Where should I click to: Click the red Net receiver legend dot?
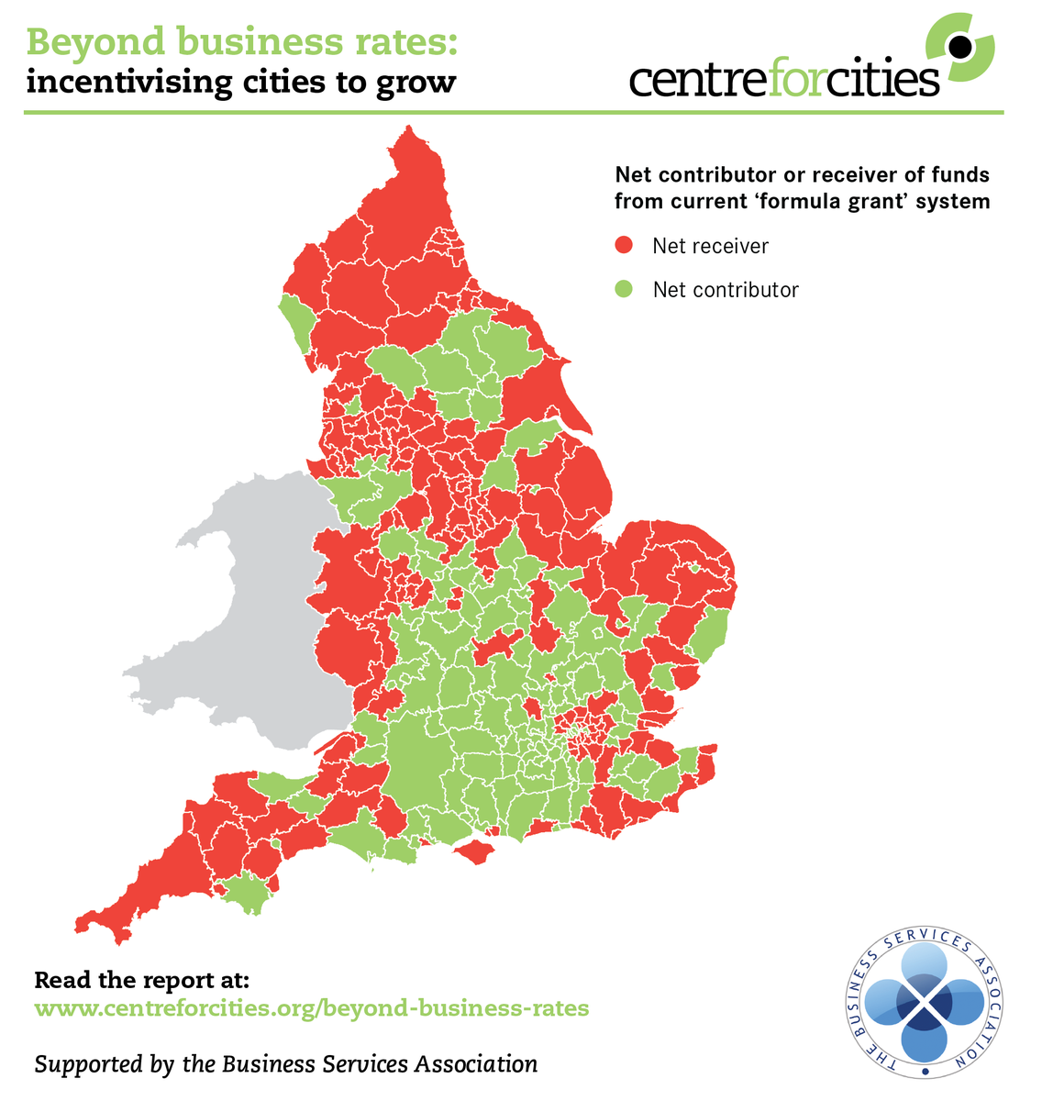click(x=625, y=246)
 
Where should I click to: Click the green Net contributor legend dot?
click(x=625, y=290)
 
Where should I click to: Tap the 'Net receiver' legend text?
click(x=710, y=246)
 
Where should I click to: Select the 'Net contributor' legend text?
click(x=726, y=290)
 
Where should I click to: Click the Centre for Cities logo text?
click(x=784, y=79)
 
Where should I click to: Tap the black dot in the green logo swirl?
click(x=959, y=45)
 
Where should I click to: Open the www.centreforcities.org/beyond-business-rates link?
click(x=311, y=1008)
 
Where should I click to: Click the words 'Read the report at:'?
click(x=141, y=979)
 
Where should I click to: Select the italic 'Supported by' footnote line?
click(x=285, y=1064)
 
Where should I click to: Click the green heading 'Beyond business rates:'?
click(x=241, y=41)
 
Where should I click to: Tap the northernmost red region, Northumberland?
click(x=408, y=202)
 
